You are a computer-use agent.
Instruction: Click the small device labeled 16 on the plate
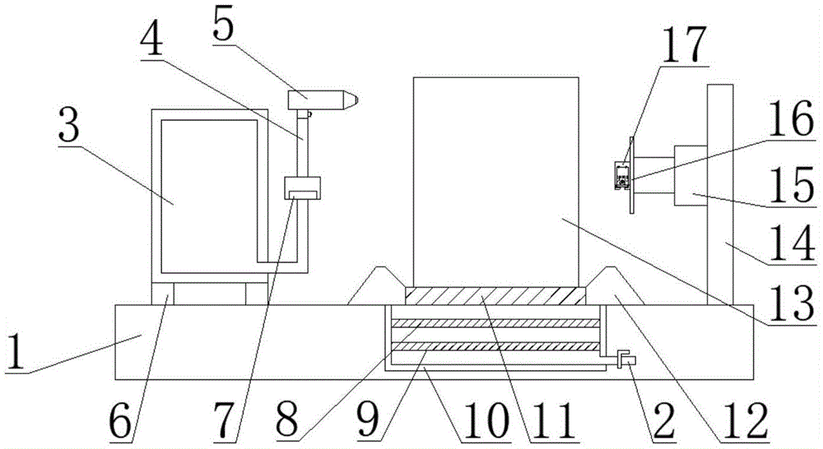click(622, 174)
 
